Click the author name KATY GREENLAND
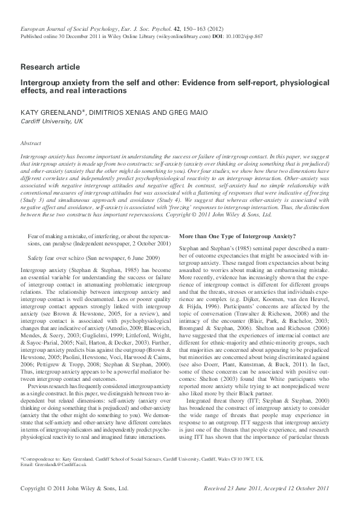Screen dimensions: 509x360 click(x=49, y=112)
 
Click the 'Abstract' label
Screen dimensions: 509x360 click(x=30, y=144)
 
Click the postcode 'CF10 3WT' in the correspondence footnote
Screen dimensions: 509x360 click(x=241, y=459)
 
